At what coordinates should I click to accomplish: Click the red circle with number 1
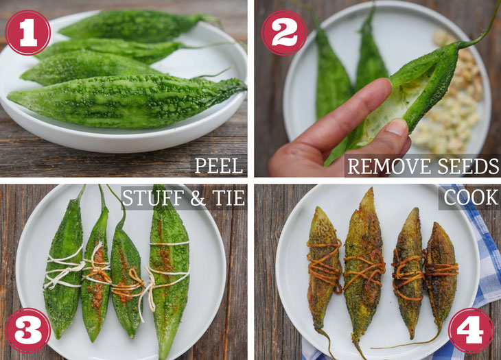[x=28, y=32]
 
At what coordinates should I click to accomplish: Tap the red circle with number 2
[x=284, y=32]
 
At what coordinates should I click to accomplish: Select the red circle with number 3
[x=28, y=330]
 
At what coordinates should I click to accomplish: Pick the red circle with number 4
[x=471, y=330]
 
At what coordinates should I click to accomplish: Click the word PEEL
[x=219, y=166]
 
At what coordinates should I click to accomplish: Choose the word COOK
[x=471, y=197]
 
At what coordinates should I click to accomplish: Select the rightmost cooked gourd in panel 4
[x=441, y=274]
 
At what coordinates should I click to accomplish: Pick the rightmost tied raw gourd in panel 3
[x=169, y=272]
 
